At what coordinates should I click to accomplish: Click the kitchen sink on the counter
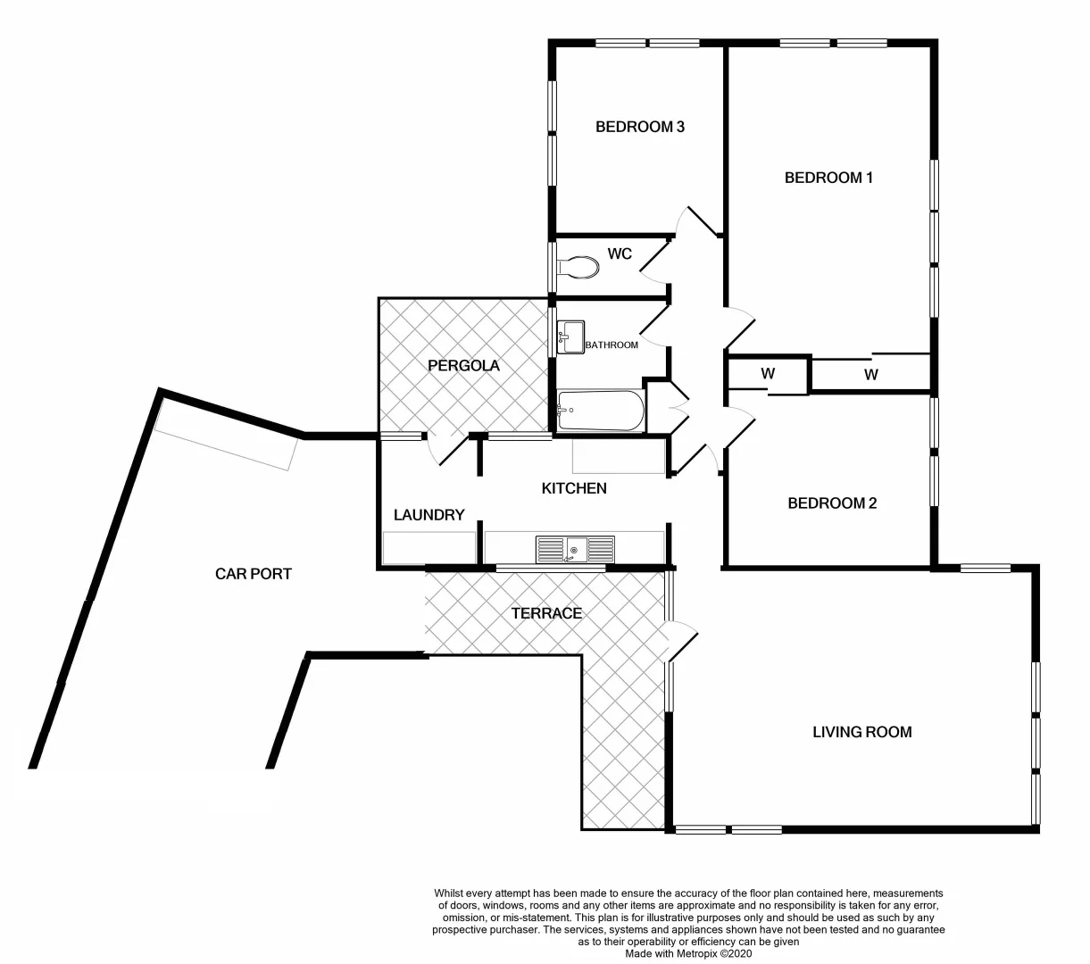click(575, 549)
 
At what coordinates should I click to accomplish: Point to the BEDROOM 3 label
click(639, 127)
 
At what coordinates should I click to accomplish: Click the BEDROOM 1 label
click(828, 178)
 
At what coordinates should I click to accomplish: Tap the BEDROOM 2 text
click(832, 503)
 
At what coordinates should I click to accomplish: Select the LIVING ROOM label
click(861, 732)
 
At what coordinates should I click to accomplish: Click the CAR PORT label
click(254, 574)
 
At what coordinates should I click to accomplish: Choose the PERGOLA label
click(463, 366)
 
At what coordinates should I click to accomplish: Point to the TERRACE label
click(546, 613)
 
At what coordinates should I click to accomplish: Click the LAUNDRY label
click(429, 515)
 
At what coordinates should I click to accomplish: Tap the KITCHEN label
click(574, 488)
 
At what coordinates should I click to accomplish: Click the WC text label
click(620, 254)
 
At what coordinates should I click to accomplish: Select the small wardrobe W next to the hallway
click(768, 374)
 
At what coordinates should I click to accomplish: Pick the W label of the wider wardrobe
click(871, 375)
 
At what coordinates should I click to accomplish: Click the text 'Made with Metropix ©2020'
click(688, 953)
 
